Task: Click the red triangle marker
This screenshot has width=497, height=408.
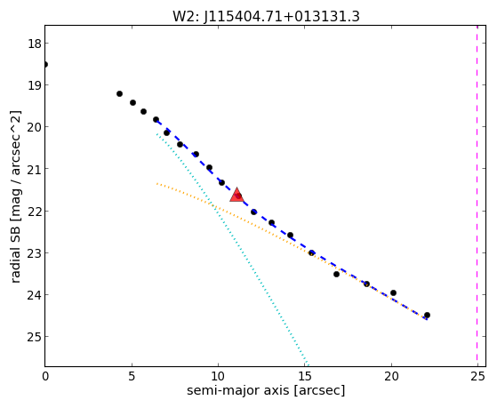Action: pyautogui.click(x=236, y=195)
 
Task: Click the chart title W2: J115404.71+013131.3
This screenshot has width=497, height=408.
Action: pyautogui.click(x=266, y=16)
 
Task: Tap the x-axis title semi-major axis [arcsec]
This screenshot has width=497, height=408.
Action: pyautogui.click(x=266, y=390)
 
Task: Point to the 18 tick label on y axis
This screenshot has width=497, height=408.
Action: pyautogui.click(x=35, y=44)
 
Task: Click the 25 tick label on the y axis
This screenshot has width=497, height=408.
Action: pyautogui.click(x=35, y=336)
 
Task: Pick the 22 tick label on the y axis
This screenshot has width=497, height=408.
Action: pyautogui.click(x=35, y=211)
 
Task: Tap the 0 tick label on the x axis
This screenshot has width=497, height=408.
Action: pyautogui.click(x=45, y=376)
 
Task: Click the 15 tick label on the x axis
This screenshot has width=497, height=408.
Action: pyautogui.click(x=305, y=376)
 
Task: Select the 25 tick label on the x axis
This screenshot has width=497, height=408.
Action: pyautogui.click(x=478, y=376)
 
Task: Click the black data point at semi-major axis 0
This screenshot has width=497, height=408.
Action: pyautogui.click(x=45, y=64)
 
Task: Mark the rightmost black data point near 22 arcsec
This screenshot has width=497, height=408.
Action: pyautogui.click(x=427, y=316)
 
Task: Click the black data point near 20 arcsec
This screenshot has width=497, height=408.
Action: pyautogui.click(x=393, y=293)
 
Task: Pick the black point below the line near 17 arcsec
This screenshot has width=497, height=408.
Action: pyautogui.click(x=336, y=274)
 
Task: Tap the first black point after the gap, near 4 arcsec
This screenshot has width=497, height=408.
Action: pyautogui.click(x=119, y=93)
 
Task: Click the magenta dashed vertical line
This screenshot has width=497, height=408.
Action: pyautogui.click(x=477, y=196)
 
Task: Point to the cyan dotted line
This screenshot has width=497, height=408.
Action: pyautogui.click(x=232, y=249)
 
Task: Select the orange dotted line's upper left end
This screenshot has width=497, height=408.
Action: pyautogui.click(x=156, y=183)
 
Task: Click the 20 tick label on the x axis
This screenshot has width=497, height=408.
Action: pyautogui.click(x=391, y=376)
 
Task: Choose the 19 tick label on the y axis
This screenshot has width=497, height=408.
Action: pyautogui.click(x=35, y=85)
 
